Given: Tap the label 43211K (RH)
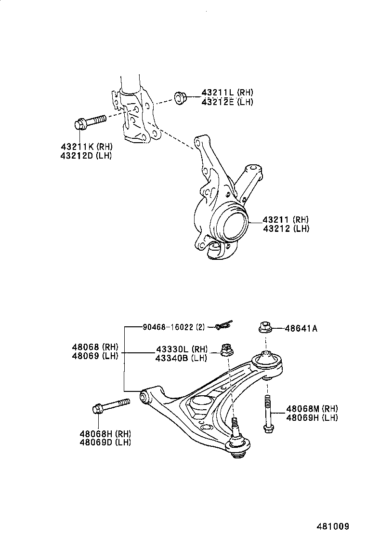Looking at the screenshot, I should click(86, 147).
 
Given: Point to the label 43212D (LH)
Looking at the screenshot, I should click(86, 156).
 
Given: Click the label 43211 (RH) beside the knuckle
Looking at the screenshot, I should click(286, 219).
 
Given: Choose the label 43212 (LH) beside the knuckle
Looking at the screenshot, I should click(286, 228).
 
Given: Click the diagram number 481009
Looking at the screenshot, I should click(332, 526).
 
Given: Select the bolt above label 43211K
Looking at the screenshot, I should click(90, 121).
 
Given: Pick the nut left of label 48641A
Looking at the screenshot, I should click(265, 328).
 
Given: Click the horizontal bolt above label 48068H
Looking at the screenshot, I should click(110, 406).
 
